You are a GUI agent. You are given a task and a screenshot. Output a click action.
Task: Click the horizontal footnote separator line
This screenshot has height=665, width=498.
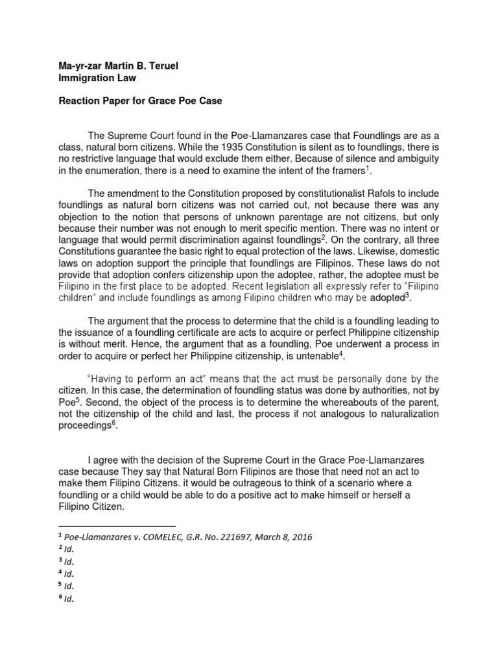117,525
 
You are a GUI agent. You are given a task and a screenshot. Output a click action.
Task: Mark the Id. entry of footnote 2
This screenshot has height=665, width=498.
69,549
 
